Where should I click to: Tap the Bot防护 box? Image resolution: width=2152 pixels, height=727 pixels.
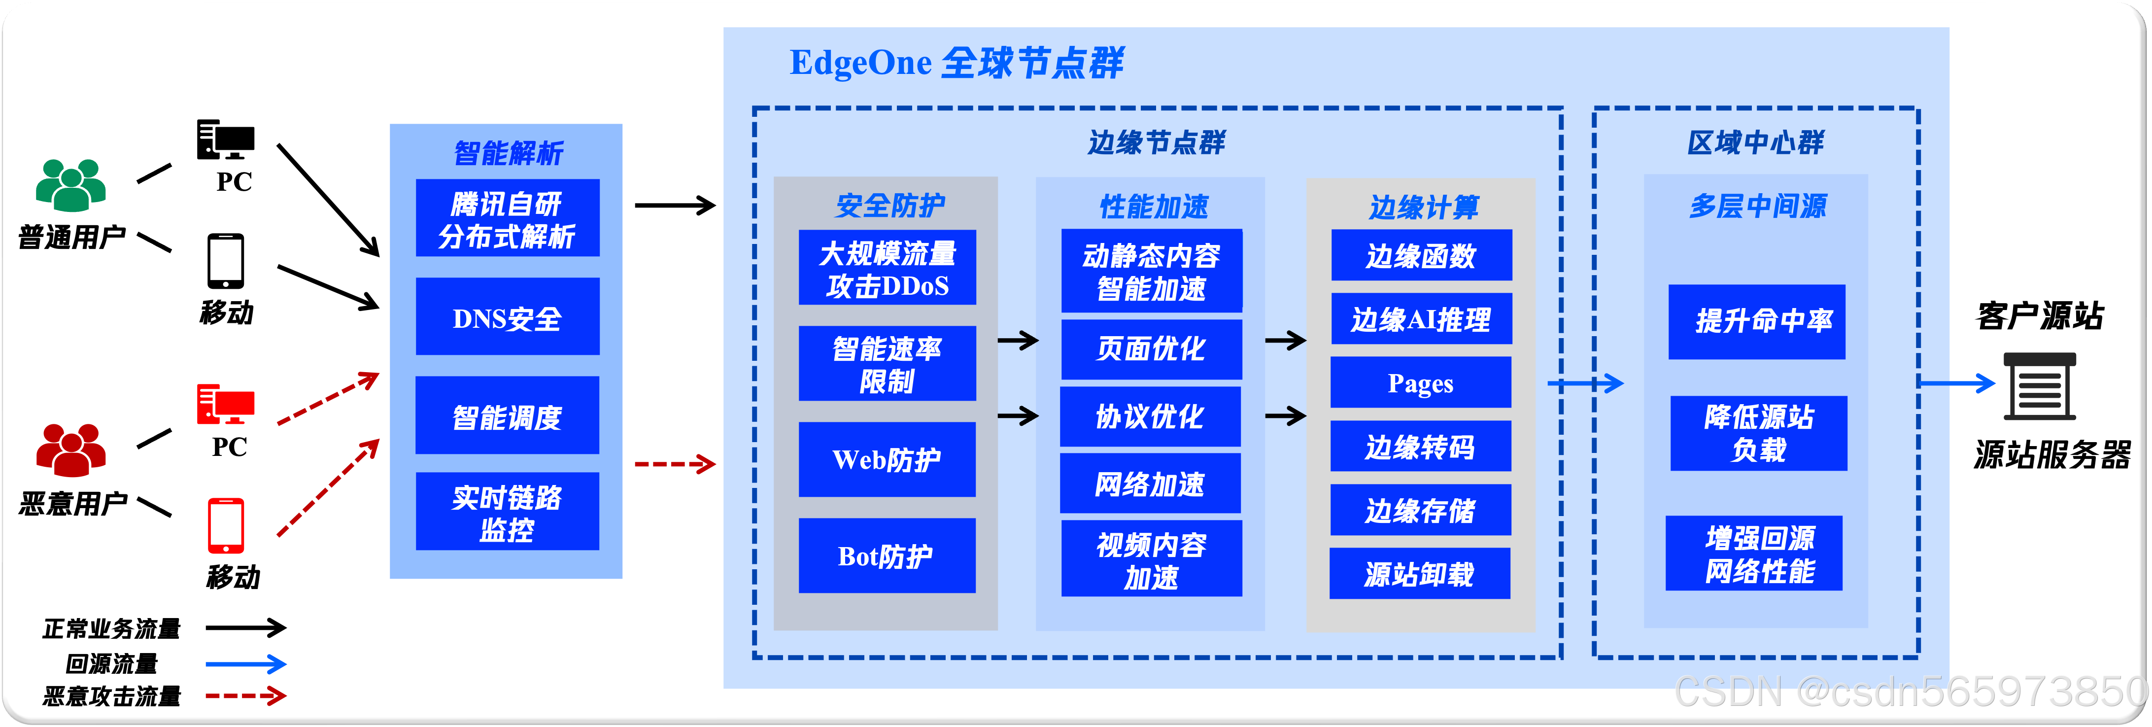[x=887, y=555]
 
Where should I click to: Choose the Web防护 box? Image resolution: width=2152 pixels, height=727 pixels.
[x=887, y=459]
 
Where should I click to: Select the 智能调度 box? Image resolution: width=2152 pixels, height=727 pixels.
[x=507, y=415]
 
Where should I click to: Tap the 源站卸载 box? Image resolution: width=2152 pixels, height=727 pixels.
[x=1419, y=574]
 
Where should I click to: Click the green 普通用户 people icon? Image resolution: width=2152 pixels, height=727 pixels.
[x=71, y=185]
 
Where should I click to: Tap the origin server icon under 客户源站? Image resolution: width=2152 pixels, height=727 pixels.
[x=2039, y=385]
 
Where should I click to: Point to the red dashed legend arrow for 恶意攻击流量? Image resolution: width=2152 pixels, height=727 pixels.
[x=245, y=695]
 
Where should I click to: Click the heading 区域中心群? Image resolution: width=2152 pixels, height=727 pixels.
[x=1755, y=143]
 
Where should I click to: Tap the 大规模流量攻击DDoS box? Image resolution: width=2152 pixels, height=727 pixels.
[x=887, y=268]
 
